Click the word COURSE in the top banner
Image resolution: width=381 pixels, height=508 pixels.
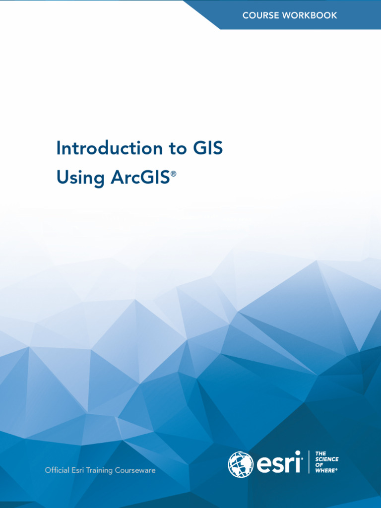pyautogui.click(x=260, y=15)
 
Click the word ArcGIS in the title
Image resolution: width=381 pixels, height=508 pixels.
pyautogui.click(x=140, y=178)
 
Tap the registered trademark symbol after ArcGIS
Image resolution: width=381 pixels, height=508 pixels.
pyautogui.click(x=173, y=174)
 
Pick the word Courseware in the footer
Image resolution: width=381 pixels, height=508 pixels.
pyautogui.click(x=135, y=470)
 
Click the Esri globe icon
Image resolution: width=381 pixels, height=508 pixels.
pyautogui.click(x=241, y=464)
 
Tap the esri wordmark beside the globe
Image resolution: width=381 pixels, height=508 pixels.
pyautogui.click(x=279, y=464)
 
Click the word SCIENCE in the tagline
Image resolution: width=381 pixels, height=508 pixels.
pyautogui.click(x=327, y=459)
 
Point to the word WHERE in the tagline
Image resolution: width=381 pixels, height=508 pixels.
pyautogui.click(x=325, y=470)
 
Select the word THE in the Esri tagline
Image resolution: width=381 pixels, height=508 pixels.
pyautogui.click(x=320, y=453)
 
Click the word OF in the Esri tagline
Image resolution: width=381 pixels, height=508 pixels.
pyautogui.click(x=319, y=465)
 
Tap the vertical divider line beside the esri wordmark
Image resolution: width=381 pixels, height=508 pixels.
pyautogui.click(x=309, y=462)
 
